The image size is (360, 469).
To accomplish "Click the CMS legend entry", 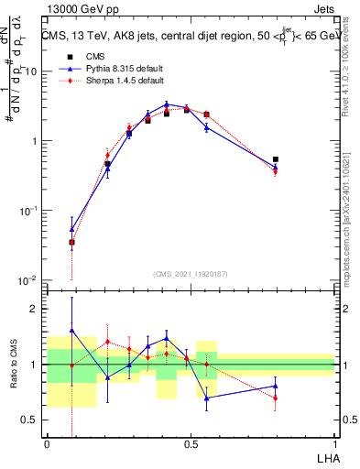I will [93, 56].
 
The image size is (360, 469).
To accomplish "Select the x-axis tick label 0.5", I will [191, 443].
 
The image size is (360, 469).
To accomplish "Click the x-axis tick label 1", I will [335, 443].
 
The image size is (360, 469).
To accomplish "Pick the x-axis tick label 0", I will [47, 443].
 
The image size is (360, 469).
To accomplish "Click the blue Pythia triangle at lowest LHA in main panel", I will [71, 229].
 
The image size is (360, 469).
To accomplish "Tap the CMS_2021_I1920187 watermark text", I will [191, 273].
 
